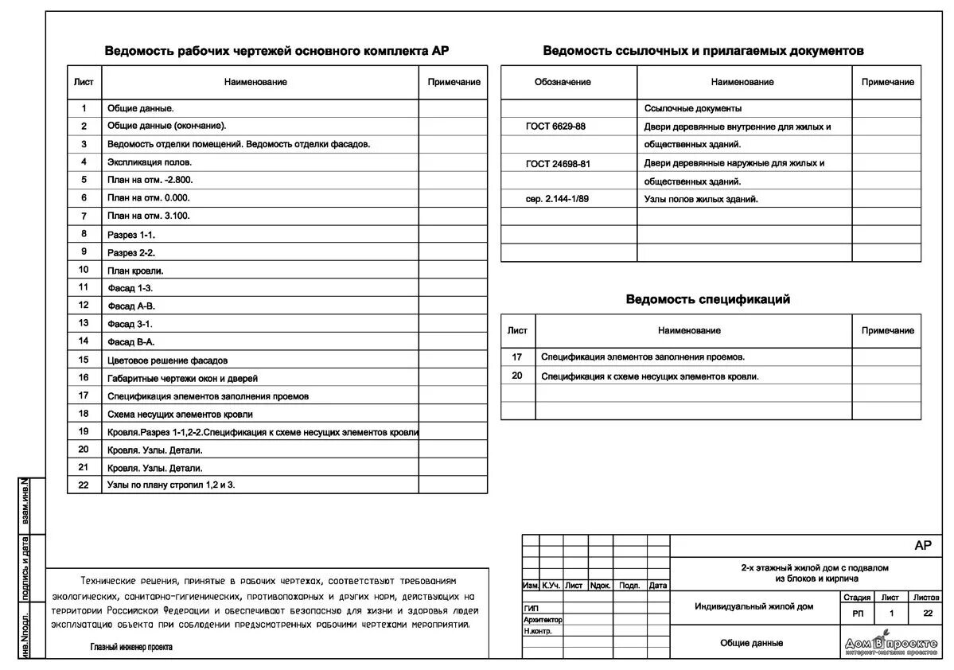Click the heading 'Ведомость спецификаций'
pyautogui.click(x=707, y=299)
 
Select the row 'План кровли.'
pyautogui.click(x=135, y=271)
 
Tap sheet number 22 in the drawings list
pyautogui.click(x=84, y=485)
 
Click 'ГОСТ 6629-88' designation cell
pyautogui.click(x=555, y=127)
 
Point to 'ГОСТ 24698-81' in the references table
pyautogui.click(x=558, y=163)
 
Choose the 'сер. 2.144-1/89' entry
pyautogui.click(x=557, y=199)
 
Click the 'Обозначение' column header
pyautogui.click(x=563, y=82)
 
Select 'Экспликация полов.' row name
pyautogui.click(x=149, y=162)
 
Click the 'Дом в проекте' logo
pyautogui.click(x=890, y=645)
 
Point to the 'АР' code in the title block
pyautogui.click(x=922, y=545)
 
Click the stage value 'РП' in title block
pyautogui.click(x=857, y=614)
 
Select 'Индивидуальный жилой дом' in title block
pyautogui.click(x=754, y=606)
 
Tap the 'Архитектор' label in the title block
pyautogui.click(x=543, y=619)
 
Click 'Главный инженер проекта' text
pyautogui.click(x=130, y=647)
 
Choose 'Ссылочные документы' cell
pyautogui.click(x=692, y=108)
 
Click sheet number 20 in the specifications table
pyautogui.click(x=517, y=376)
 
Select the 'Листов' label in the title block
pyautogui.click(x=926, y=597)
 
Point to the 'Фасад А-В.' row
pyautogui.click(x=131, y=306)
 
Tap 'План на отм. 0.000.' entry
pyautogui.click(x=149, y=197)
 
